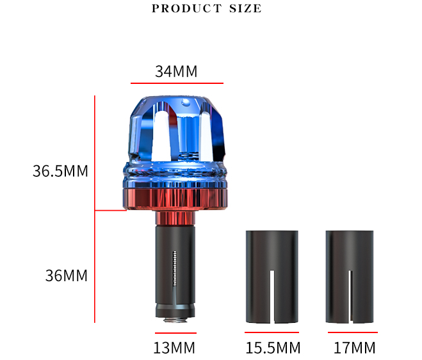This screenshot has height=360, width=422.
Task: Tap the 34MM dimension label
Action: tap(176, 72)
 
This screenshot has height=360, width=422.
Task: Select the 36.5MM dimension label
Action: tap(60, 171)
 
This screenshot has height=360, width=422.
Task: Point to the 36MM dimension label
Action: tap(66, 275)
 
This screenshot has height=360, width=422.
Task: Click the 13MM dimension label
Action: tap(174, 348)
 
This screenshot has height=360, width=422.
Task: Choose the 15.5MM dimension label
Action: tap(273, 348)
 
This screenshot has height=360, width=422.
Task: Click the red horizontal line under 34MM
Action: tap(177, 83)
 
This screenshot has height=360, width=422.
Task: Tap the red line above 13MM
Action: tap(175, 332)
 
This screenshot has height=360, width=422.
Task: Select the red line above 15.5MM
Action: tap(272, 332)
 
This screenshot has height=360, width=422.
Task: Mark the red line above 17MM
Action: tap(352, 332)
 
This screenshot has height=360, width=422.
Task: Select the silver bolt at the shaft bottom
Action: tap(174, 316)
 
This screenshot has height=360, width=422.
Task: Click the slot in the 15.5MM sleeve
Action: tap(272, 295)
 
